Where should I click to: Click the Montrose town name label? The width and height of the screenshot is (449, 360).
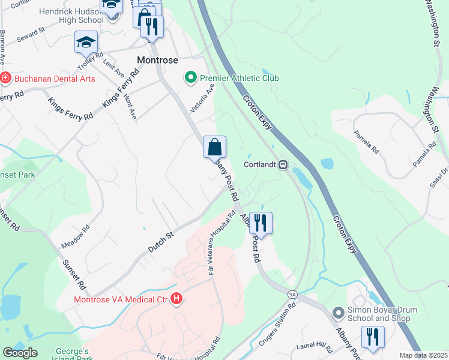158,60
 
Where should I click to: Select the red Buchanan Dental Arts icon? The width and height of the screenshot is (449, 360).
5,79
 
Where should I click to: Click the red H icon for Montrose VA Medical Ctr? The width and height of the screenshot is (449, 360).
176,298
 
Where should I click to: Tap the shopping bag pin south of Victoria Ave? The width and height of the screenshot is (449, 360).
214,146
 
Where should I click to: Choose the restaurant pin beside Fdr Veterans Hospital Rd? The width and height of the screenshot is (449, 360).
261,223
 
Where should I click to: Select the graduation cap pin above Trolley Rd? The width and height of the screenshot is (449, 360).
86,42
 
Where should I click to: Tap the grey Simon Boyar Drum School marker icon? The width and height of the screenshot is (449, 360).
338,312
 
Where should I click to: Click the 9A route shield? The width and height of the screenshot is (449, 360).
292,294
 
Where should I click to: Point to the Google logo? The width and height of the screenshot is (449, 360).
20,353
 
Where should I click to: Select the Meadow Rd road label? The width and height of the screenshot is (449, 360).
76,237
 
